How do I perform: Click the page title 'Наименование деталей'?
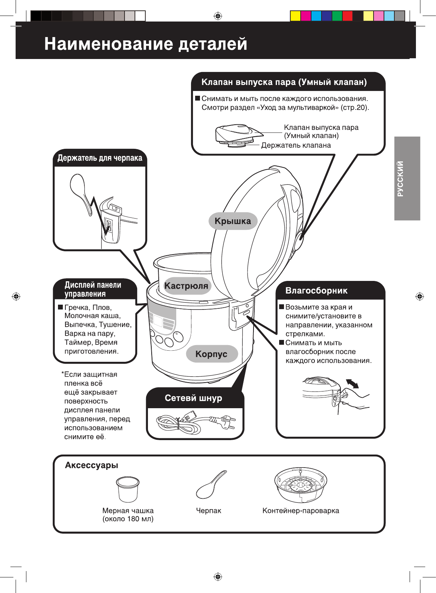(x=146, y=44)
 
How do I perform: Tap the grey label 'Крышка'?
(x=233, y=221)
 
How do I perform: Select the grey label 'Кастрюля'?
(x=186, y=286)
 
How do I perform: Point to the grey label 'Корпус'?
(x=211, y=354)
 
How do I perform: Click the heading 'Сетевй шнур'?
(x=193, y=398)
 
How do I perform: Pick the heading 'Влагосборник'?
(x=316, y=291)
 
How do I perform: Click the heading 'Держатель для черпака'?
(x=100, y=158)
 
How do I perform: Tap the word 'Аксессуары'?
(x=91, y=465)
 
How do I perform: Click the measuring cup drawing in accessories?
(x=127, y=489)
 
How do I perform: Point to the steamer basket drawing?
(x=301, y=484)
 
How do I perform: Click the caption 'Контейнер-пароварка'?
(x=301, y=511)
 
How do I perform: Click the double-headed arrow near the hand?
(x=352, y=384)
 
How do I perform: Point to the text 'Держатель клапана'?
(x=296, y=145)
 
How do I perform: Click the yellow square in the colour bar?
(x=295, y=16)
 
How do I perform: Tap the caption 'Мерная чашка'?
(x=128, y=511)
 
